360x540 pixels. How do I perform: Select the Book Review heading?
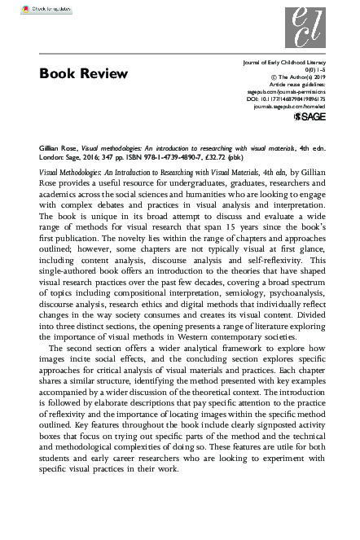click(x=84, y=75)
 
